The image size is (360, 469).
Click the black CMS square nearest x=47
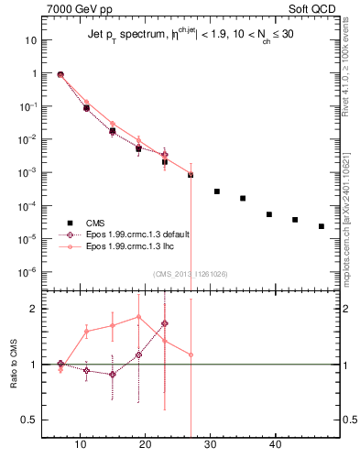[322, 226]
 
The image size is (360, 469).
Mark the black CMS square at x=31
[217, 191]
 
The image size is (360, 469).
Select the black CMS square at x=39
[269, 214]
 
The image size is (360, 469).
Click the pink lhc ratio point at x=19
[138, 317]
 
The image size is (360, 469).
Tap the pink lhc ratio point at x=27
[191, 354]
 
